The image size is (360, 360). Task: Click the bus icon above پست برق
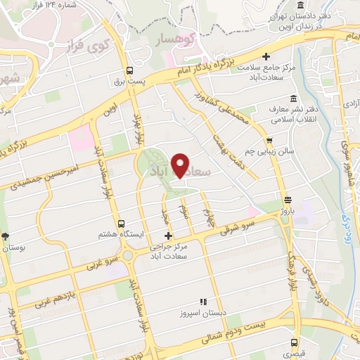[x=129, y=70]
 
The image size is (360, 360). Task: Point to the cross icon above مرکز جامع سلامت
[x=266, y=56]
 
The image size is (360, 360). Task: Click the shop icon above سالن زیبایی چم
[x=269, y=140]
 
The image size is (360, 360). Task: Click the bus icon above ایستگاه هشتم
[x=120, y=224]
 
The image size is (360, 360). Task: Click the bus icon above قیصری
[x=295, y=343]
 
